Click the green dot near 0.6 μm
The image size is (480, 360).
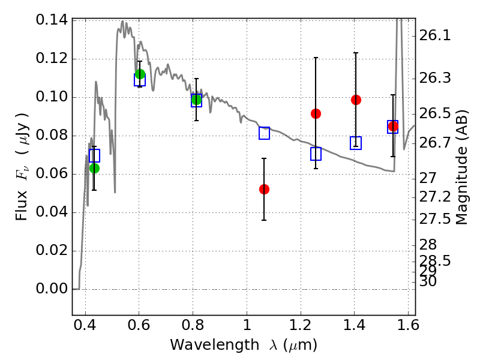click(x=140, y=74)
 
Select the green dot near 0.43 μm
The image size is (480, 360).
click(x=95, y=168)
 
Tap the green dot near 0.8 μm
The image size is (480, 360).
click(x=196, y=99)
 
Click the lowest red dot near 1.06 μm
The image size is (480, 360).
click(x=264, y=189)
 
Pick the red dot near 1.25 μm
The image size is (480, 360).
click(x=316, y=113)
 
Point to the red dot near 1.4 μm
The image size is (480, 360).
click(x=356, y=100)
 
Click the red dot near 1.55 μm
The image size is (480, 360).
click(x=393, y=126)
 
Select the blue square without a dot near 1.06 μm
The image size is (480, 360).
click(x=264, y=133)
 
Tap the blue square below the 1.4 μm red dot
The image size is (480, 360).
click(x=356, y=143)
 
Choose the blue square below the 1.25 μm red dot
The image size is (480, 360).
click(x=316, y=154)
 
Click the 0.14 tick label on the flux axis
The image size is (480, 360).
click(x=52, y=20)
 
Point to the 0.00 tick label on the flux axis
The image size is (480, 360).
click(x=52, y=289)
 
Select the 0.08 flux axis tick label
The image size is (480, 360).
click(x=52, y=135)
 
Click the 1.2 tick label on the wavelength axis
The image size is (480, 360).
click(x=301, y=325)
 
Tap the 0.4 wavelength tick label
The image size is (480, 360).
click(x=85, y=325)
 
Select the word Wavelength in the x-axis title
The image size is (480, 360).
click(x=214, y=345)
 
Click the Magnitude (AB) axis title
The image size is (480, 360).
click(x=461, y=167)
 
